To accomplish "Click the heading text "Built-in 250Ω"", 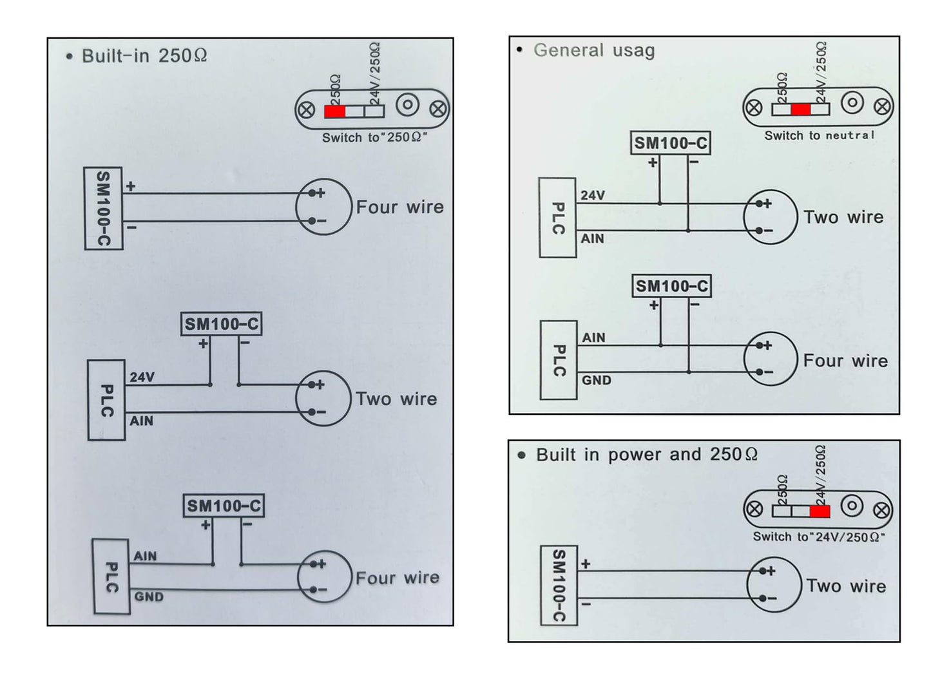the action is pos(144,56).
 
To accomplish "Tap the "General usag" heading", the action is pos(594,50).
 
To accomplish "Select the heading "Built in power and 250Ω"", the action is pos(647,454).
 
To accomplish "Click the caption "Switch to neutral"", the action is pos(819,135).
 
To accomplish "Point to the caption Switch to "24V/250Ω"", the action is pos(819,537).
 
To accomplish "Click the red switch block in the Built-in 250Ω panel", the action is pos(334,111).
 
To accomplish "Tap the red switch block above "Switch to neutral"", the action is pos(801,110).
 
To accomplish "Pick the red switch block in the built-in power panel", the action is pos(820,511).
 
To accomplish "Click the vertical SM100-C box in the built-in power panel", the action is pos(559,585).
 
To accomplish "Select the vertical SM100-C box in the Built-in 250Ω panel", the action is pos(104,208).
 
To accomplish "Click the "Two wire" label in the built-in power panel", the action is pos(846,586).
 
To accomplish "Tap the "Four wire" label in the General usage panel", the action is pos(845,361).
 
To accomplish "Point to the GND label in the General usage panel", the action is pos(597,380).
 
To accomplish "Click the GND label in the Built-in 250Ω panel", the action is pos(149,596).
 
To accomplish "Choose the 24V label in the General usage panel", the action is pos(593,195).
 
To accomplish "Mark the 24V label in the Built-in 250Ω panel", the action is pos(142,377).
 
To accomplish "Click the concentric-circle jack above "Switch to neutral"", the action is pos(852,102).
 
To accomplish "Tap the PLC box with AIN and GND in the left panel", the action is pos(111,577).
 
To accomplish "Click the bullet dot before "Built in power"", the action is pos(522,455).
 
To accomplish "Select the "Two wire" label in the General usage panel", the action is pos(844,217).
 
